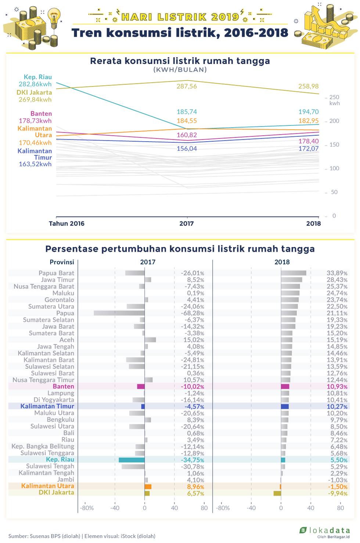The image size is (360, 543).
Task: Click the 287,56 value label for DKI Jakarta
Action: coord(187,86)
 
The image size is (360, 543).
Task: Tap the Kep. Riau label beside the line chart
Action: coord(38,77)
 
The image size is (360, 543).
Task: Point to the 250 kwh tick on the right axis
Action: coord(334,100)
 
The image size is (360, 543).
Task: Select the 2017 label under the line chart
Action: coord(187,223)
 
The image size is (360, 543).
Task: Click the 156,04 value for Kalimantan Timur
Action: coord(187,149)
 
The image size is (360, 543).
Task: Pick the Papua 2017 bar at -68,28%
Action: coord(119,313)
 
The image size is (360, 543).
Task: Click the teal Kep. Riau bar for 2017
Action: coord(132,460)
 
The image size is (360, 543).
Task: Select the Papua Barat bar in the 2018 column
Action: coord(294,273)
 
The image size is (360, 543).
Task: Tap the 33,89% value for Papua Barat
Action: coord(337,273)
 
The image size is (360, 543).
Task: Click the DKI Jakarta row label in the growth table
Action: coord(57,493)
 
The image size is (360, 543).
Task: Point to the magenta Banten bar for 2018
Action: coord(285,386)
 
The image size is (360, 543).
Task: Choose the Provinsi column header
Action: coord(62,262)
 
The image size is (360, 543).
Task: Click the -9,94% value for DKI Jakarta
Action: coord(338,493)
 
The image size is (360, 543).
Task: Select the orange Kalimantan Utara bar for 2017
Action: coord(148,486)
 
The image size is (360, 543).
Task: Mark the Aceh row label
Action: coord(67,340)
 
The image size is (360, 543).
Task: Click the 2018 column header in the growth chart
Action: coord(282,262)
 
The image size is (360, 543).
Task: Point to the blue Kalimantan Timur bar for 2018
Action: coord(285,407)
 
